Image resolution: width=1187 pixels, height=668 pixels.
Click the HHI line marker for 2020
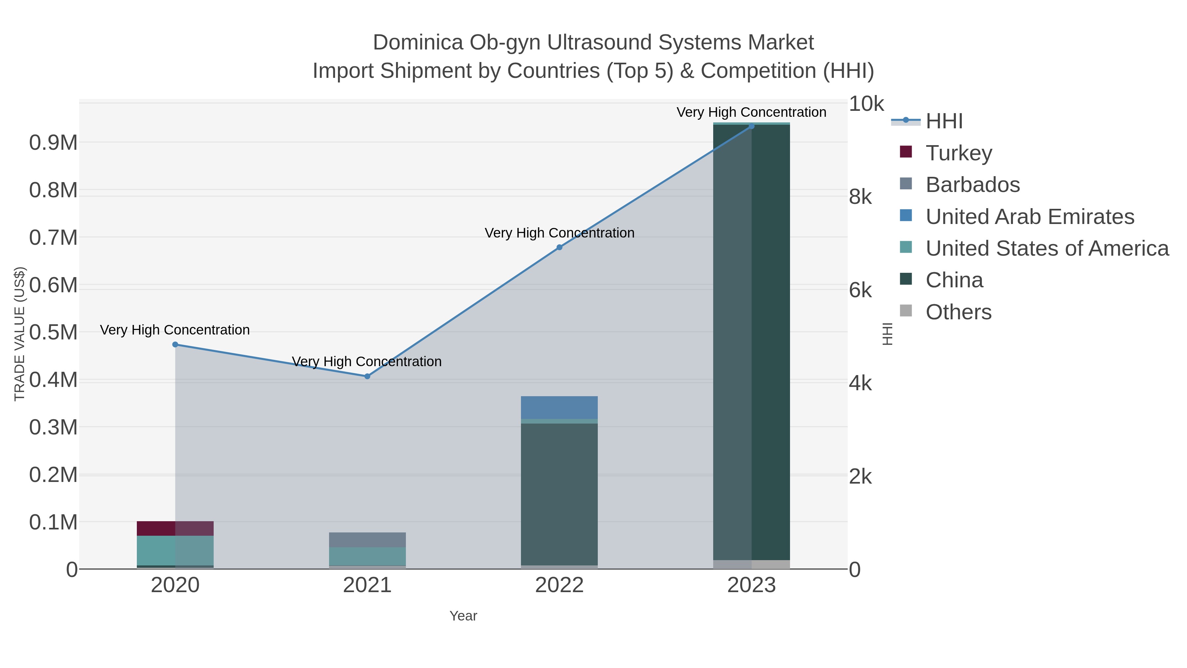point(175,344)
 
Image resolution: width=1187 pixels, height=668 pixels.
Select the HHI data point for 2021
point(367,376)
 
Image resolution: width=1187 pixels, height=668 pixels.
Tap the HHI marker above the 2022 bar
point(560,247)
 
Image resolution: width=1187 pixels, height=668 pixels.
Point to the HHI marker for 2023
point(751,126)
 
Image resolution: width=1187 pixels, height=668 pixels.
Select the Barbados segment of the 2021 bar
point(367,540)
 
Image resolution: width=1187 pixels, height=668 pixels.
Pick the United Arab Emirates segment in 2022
point(560,407)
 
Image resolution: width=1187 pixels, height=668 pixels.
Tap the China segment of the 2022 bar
point(560,493)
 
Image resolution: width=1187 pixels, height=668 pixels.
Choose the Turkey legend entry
point(959,153)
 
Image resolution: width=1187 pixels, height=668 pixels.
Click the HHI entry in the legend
point(944,121)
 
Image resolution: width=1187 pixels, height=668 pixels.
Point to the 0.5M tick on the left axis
point(53,333)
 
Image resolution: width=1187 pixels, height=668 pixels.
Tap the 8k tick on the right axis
point(860,197)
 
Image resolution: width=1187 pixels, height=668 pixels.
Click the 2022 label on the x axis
point(560,586)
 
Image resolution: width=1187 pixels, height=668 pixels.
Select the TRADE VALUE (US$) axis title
point(19,334)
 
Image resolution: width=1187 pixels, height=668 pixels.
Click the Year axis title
point(463,616)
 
